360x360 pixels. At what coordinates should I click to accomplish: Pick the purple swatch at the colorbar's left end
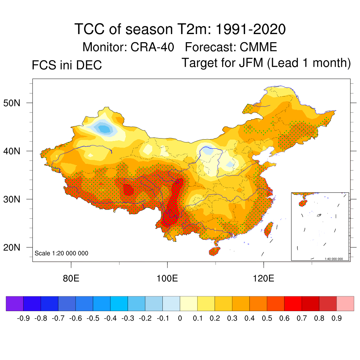point(14,303)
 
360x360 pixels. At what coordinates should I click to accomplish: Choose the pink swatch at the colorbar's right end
point(345,303)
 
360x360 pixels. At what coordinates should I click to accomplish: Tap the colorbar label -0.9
point(23,319)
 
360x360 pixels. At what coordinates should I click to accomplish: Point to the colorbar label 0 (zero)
point(180,319)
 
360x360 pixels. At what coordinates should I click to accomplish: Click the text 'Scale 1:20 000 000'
point(62,253)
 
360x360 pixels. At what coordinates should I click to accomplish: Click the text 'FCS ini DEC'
point(67,65)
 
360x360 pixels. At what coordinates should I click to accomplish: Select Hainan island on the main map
point(214,251)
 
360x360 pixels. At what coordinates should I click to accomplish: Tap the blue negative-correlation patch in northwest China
point(104,129)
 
